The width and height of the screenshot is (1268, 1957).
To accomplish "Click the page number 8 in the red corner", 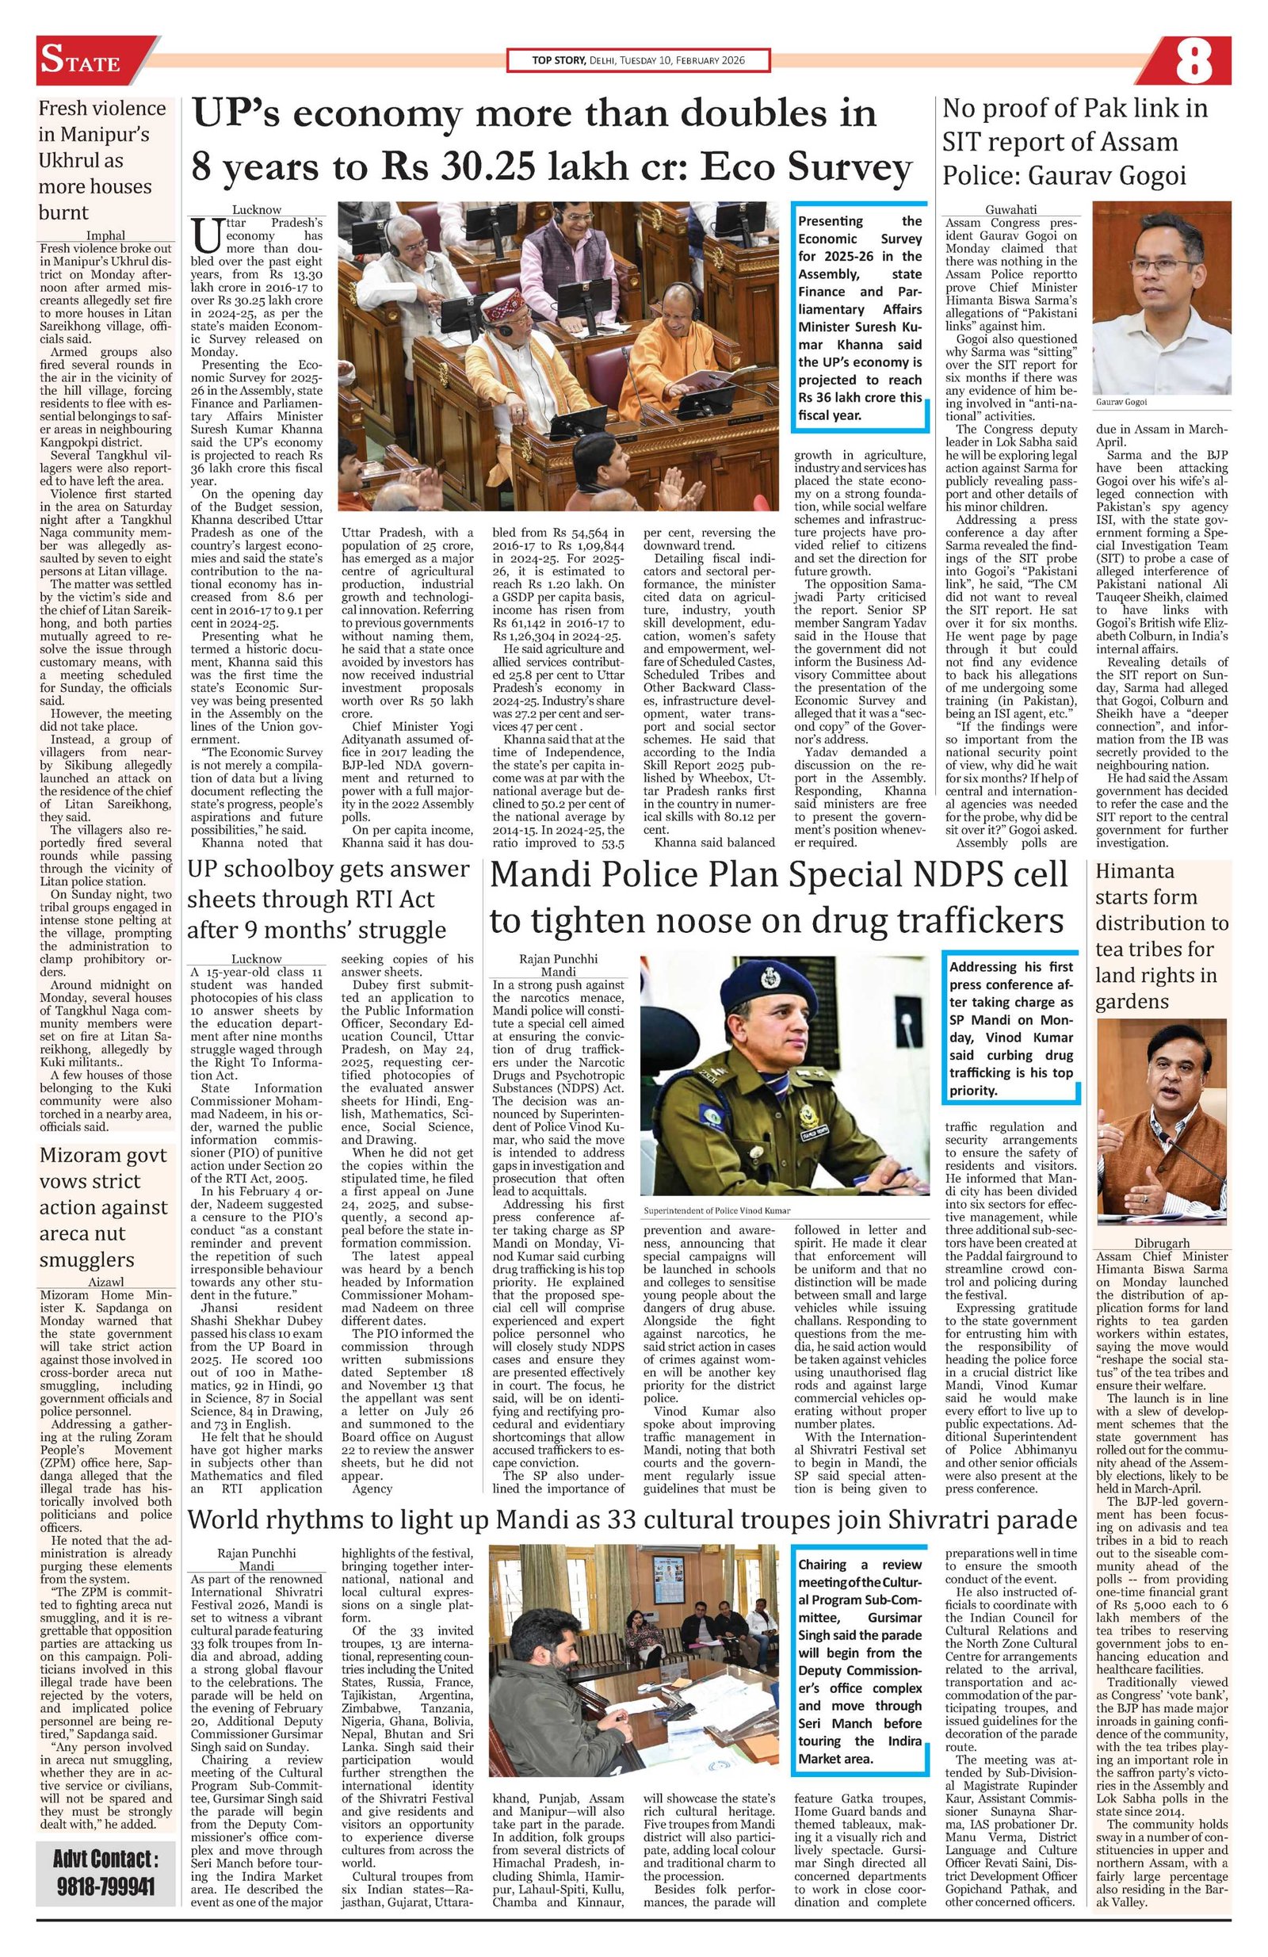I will click(x=1194, y=63).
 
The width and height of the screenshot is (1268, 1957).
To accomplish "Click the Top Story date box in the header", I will click(x=637, y=62).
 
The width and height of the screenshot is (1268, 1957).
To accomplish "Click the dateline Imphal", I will click(x=105, y=235).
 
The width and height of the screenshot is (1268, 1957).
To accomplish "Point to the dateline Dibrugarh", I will click(x=1160, y=1243).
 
